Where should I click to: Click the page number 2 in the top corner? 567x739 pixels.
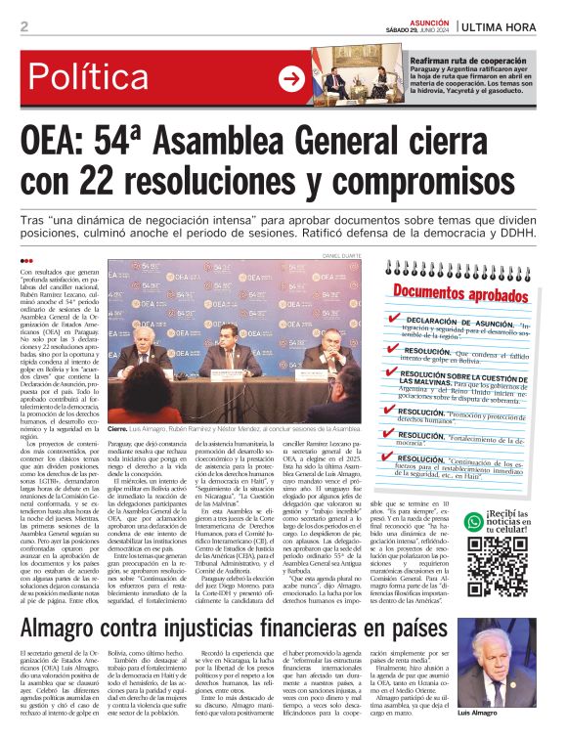coord(22,26)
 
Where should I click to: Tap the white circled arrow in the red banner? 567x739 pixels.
coord(291,79)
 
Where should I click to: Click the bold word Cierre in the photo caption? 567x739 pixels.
coord(117,428)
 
